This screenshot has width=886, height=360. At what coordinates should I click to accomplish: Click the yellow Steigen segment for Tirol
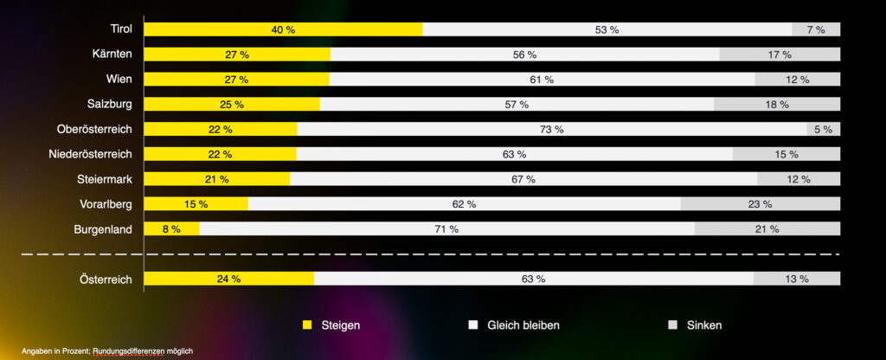click(283, 29)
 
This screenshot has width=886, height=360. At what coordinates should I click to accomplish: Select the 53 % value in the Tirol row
click(607, 29)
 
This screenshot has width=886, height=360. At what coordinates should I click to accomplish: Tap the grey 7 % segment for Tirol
click(816, 29)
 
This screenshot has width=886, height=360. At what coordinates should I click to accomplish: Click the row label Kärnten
click(112, 55)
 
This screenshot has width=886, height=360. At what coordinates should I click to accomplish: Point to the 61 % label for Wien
click(542, 80)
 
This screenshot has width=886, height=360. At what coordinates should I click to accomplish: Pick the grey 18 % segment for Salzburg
click(777, 105)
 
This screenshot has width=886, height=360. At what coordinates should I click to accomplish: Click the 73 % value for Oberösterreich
click(552, 130)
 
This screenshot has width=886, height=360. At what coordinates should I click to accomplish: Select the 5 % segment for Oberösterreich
click(822, 130)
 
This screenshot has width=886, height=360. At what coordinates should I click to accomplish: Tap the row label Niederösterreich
click(91, 154)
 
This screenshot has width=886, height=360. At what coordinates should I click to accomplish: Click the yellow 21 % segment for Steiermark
click(216, 179)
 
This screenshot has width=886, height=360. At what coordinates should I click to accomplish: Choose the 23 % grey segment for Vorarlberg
click(761, 204)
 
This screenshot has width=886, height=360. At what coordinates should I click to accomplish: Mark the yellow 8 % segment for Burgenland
click(171, 229)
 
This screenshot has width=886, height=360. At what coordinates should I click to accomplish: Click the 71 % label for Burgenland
click(447, 229)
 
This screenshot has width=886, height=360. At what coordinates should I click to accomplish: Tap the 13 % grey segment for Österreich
click(797, 279)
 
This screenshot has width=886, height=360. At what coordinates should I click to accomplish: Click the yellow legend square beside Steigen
click(306, 325)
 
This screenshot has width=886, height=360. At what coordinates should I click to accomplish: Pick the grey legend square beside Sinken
click(672, 325)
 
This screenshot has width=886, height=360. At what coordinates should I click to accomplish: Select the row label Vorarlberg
click(105, 204)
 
